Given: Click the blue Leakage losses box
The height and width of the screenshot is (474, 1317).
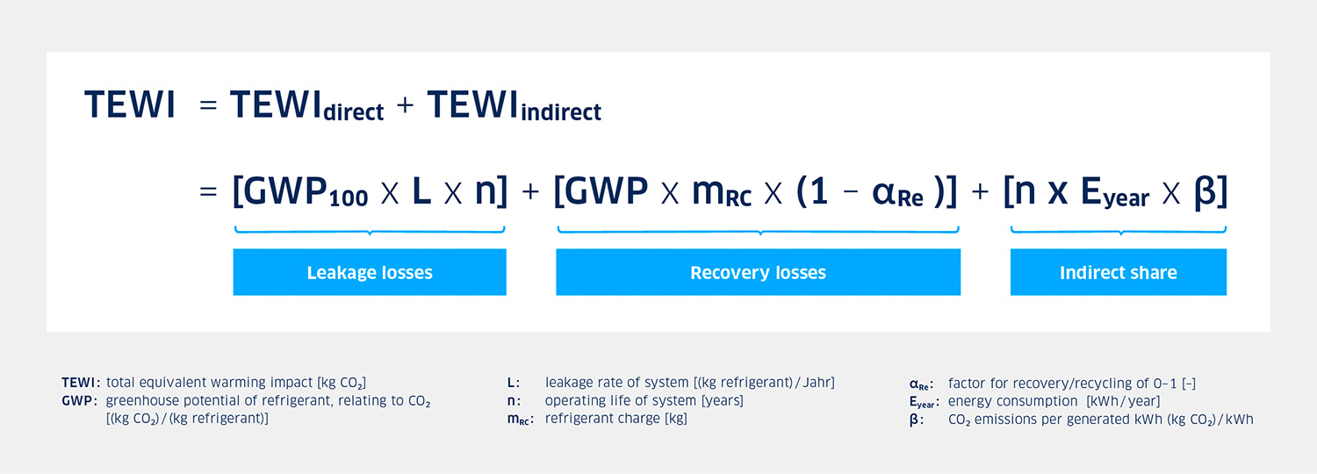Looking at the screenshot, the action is (x=370, y=272).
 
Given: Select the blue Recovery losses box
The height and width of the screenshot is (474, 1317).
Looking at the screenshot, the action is (x=758, y=272).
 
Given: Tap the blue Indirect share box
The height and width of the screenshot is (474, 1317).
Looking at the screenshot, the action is (x=1119, y=272).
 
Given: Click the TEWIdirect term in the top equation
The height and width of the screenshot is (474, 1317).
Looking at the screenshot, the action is (x=307, y=105).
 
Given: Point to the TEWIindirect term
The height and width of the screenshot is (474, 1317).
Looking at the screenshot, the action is (x=515, y=105).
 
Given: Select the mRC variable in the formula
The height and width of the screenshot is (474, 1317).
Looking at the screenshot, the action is (x=722, y=193).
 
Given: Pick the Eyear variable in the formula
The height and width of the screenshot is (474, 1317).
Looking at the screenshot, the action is (x=1115, y=193).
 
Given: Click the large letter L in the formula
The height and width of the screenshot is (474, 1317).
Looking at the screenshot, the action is (x=421, y=191).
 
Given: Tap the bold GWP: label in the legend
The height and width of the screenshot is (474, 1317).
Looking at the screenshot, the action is (x=79, y=401).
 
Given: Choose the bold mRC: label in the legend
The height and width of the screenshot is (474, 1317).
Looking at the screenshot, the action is (x=521, y=420).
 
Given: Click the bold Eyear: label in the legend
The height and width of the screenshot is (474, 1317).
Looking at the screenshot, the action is (x=925, y=402).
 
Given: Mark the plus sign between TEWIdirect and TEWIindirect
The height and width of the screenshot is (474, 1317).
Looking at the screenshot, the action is (x=405, y=105).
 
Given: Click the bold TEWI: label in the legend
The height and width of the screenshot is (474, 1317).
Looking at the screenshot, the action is (x=81, y=383).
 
